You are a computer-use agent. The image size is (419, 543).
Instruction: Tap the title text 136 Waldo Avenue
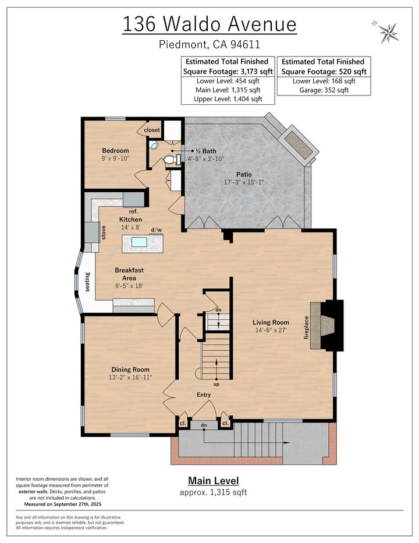pos(209,24)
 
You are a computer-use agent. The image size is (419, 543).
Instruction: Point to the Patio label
pos(244,174)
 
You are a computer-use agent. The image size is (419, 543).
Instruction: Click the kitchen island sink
pos(139,242)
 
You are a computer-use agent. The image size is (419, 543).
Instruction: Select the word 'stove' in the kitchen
pos(104,232)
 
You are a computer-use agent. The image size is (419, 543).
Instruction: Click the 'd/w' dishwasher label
pos(156,230)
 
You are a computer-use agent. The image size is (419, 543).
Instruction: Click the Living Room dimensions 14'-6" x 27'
pos(271,331)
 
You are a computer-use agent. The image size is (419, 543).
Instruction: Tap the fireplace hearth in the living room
pos(317,326)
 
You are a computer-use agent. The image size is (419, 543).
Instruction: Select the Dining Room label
pos(130,369)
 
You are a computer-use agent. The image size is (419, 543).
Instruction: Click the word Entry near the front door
pos(203,395)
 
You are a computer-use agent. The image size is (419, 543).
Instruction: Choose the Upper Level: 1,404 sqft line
pos(228,99)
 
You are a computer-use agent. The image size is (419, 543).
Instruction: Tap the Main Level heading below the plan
pos(213,481)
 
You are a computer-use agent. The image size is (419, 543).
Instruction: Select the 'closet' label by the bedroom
pos(152,130)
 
